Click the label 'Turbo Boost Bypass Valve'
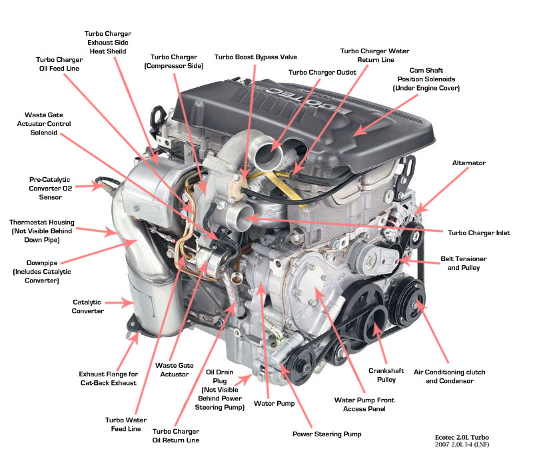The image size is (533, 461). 256,57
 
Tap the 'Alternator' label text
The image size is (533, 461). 469,163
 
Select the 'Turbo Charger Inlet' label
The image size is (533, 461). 478,233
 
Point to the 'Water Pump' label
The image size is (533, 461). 274,404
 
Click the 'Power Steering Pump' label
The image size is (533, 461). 326,434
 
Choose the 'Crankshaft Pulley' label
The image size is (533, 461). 386,375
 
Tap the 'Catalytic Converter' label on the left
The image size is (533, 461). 88,306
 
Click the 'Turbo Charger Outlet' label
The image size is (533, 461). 322,73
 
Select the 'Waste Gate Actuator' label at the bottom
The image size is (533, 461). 175,370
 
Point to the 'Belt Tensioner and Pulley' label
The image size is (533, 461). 463,264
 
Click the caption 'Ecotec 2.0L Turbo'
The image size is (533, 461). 462,438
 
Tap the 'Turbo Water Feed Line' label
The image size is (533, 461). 126,424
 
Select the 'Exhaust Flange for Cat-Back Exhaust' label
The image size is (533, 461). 109,378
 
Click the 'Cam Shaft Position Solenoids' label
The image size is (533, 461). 426,79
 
